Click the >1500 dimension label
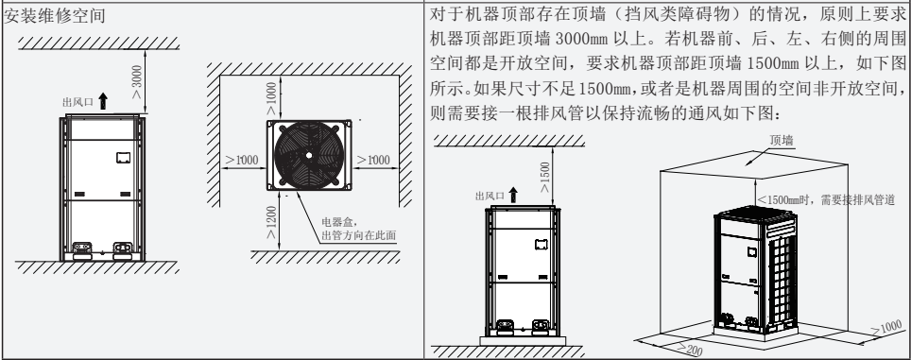coord(546,176)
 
